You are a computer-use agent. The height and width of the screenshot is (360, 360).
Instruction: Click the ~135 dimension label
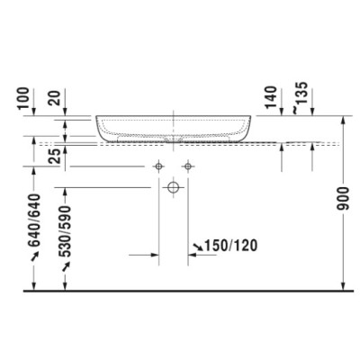(305, 95)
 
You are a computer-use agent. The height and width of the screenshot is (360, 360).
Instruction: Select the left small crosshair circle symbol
(158, 166)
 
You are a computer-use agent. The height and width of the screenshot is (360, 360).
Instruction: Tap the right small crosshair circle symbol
(187, 166)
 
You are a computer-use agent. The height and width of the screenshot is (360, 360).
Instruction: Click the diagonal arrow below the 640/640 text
(36, 257)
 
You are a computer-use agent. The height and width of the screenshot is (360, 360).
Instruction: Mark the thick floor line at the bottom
(180, 292)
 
